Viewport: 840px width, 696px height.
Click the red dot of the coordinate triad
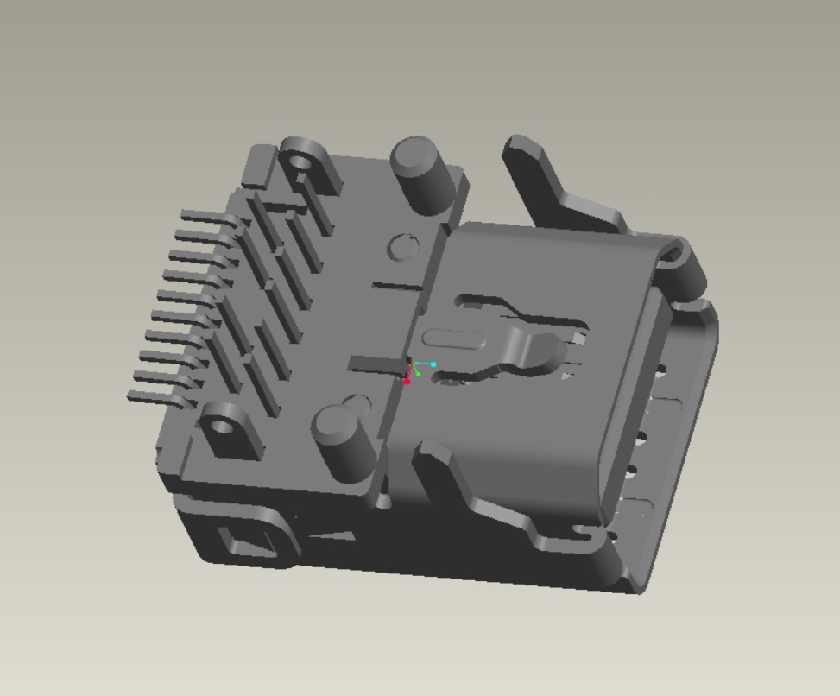[407, 381]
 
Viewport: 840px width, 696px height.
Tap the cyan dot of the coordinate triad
[433, 364]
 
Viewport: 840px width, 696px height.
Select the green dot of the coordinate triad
[419, 374]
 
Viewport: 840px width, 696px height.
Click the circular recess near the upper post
[402, 247]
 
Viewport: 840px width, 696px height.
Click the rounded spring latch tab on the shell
[530, 351]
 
